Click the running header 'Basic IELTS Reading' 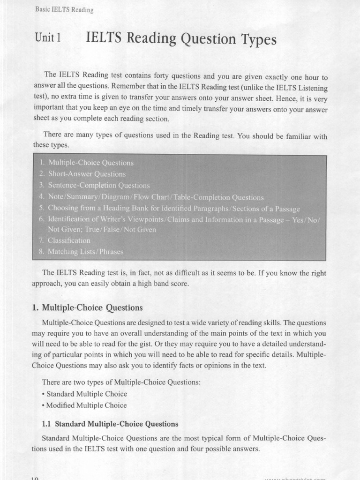(64, 10)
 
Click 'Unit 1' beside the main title (48, 39)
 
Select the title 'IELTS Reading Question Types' (181, 40)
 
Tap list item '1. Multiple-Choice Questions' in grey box (86, 163)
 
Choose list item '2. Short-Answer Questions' (82, 174)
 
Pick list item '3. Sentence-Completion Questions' (94, 186)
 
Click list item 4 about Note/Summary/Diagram (151, 197)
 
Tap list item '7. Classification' (65, 240)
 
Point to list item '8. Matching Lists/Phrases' (81, 252)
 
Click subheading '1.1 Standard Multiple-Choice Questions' (110, 424)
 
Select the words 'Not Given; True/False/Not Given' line (102, 230)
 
